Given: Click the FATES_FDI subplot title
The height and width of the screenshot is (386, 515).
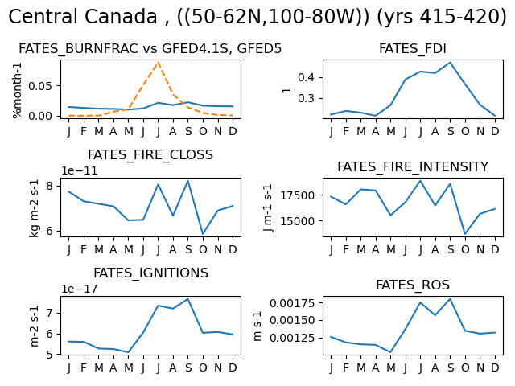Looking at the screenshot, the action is (x=413, y=49).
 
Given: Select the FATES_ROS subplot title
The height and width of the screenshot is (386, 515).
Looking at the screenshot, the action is (x=413, y=285).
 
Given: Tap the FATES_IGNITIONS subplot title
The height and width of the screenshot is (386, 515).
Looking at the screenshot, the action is (x=150, y=273).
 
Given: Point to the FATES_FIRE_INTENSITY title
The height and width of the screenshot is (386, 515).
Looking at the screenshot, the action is (x=413, y=167).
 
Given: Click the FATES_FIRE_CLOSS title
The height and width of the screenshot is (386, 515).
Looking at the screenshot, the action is (x=150, y=155).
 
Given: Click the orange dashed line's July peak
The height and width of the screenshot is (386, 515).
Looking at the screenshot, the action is (x=159, y=63).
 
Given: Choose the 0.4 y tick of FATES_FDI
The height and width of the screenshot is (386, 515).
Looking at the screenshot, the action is (x=307, y=78).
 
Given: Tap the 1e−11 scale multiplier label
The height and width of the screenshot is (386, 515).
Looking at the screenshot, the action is (x=80, y=170).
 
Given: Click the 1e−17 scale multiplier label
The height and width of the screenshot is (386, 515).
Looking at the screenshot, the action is (x=80, y=289).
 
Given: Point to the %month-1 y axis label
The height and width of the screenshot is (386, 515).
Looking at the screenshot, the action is (x=17, y=91).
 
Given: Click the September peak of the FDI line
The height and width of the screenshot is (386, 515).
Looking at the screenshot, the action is (x=450, y=63).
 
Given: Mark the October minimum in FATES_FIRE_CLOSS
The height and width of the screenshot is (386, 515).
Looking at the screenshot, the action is (x=203, y=234).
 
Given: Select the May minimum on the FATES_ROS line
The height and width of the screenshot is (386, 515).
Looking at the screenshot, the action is (x=390, y=352).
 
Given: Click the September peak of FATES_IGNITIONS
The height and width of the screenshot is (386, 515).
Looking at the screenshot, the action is (x=187, y=299).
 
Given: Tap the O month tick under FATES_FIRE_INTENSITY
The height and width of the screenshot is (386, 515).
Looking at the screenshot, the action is (x=465, y=250).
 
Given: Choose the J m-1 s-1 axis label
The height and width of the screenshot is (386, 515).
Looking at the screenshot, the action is (x=268, y=207).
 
